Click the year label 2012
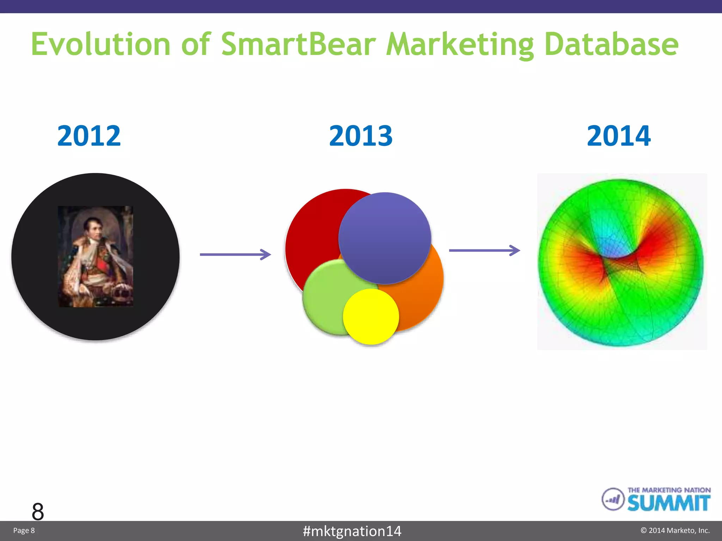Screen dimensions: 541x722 [89, 136]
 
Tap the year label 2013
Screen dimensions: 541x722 [361, 136]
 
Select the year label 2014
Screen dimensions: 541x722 [619, 136]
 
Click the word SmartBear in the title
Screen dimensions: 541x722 [299, 44]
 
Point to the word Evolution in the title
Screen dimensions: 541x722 [101, 44]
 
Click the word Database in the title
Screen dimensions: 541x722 [611, 44]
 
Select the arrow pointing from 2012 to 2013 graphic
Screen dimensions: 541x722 [235, 254]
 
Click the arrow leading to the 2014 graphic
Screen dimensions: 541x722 [484, 250]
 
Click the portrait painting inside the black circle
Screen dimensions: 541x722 [96, 256]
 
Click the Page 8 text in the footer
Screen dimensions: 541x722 [24, 530]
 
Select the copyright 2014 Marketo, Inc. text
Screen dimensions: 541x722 [675, 530]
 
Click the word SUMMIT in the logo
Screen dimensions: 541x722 [668, 503]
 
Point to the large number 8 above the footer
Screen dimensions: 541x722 [38, 511]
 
